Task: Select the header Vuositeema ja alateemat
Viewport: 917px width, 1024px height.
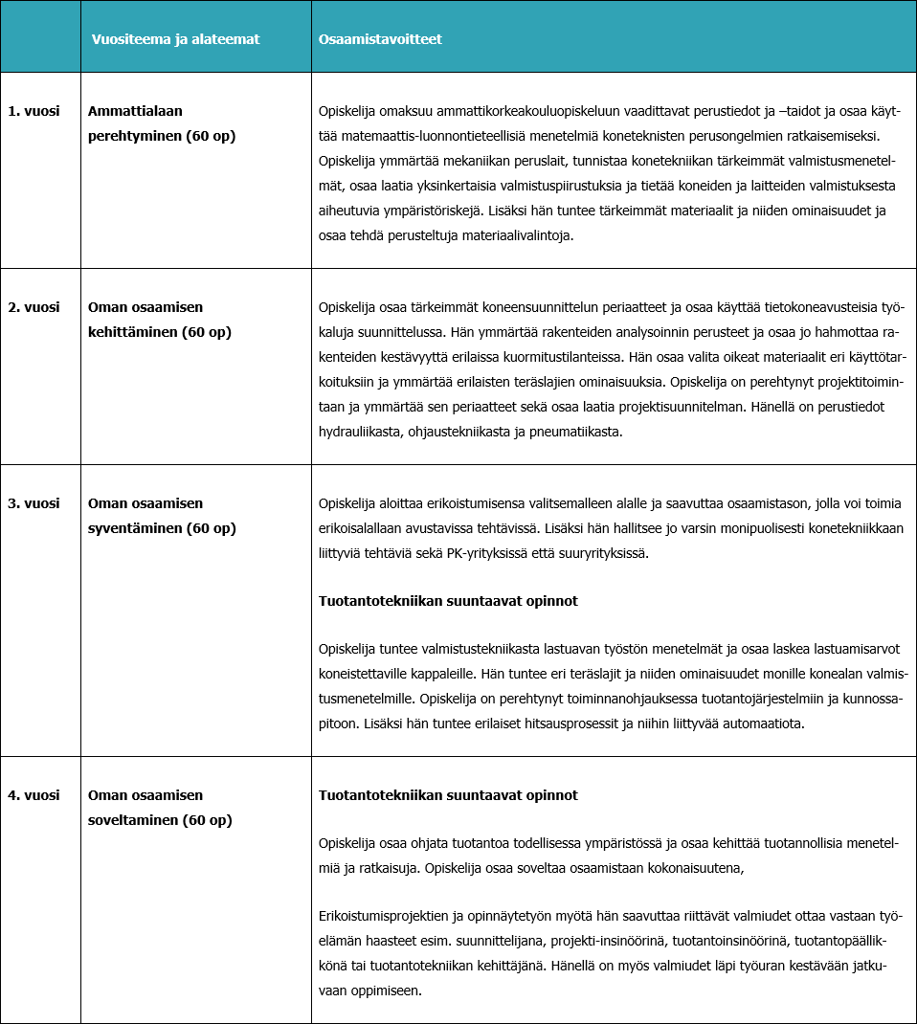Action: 175,39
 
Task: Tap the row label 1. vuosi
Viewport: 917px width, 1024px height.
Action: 34,111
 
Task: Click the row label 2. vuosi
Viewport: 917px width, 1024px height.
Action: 34,307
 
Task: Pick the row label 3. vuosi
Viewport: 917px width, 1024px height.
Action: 34,503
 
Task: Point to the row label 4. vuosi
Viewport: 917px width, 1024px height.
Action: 34,795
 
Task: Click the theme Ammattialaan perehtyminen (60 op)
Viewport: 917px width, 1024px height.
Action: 162,123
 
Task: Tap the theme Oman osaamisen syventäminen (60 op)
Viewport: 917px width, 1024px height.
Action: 161,516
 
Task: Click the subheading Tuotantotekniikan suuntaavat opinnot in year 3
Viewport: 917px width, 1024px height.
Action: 448,601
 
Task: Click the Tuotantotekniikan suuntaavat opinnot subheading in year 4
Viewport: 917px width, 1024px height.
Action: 448,795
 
